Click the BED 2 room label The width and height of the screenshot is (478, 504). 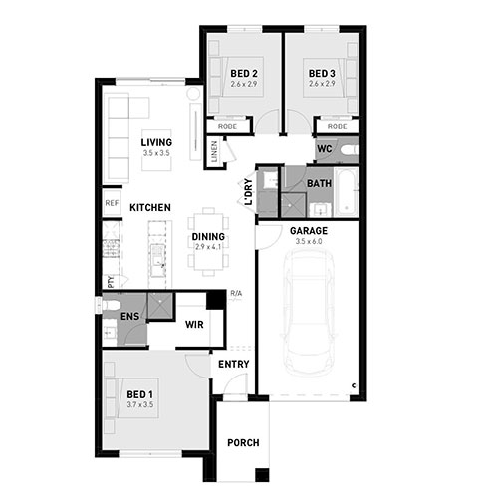pyautogui.click(x=244, y=73)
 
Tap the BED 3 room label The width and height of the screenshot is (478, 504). pyautogui.click(x=322, y=73)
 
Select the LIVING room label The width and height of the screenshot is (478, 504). pyautogui.click(x=156, y=142)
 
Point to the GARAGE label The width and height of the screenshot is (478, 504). pyautogui.click(x=309, y=231)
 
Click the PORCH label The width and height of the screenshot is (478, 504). pyautogui.click(x=243, y=442)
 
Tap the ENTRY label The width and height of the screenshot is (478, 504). pyautogui.click(x=234, y=364)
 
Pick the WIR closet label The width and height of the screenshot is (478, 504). pyautogui.click(x=194, y=324)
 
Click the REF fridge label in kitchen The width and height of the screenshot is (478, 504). pyautogui.click(x=112, y=203)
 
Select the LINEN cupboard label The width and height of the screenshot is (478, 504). pyautogui.click(x=214, y=151)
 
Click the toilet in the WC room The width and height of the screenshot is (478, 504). pyautogui.click(x=350, y=150)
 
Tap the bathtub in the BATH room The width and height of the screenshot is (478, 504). pyautogui.click(x=347, y=192)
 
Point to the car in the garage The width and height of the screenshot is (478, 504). pyautogui.click(x=309, y=312)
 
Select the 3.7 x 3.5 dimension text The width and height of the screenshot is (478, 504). pyautogui.click(x=140, y=405)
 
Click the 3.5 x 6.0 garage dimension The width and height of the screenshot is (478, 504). pyautogui.click(x=309, y=241)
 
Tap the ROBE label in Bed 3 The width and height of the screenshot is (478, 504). pyautogui.click(x=337, y=126)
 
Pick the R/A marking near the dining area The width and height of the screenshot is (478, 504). pyautogui.click(x=236, y=294)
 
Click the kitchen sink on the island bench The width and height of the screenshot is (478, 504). pyautogui.click(x=157, y=256)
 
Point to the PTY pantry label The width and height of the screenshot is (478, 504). pyautogui.click(x=111, y=282)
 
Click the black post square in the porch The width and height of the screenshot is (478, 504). pyautogui.click(x=262, y=475)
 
